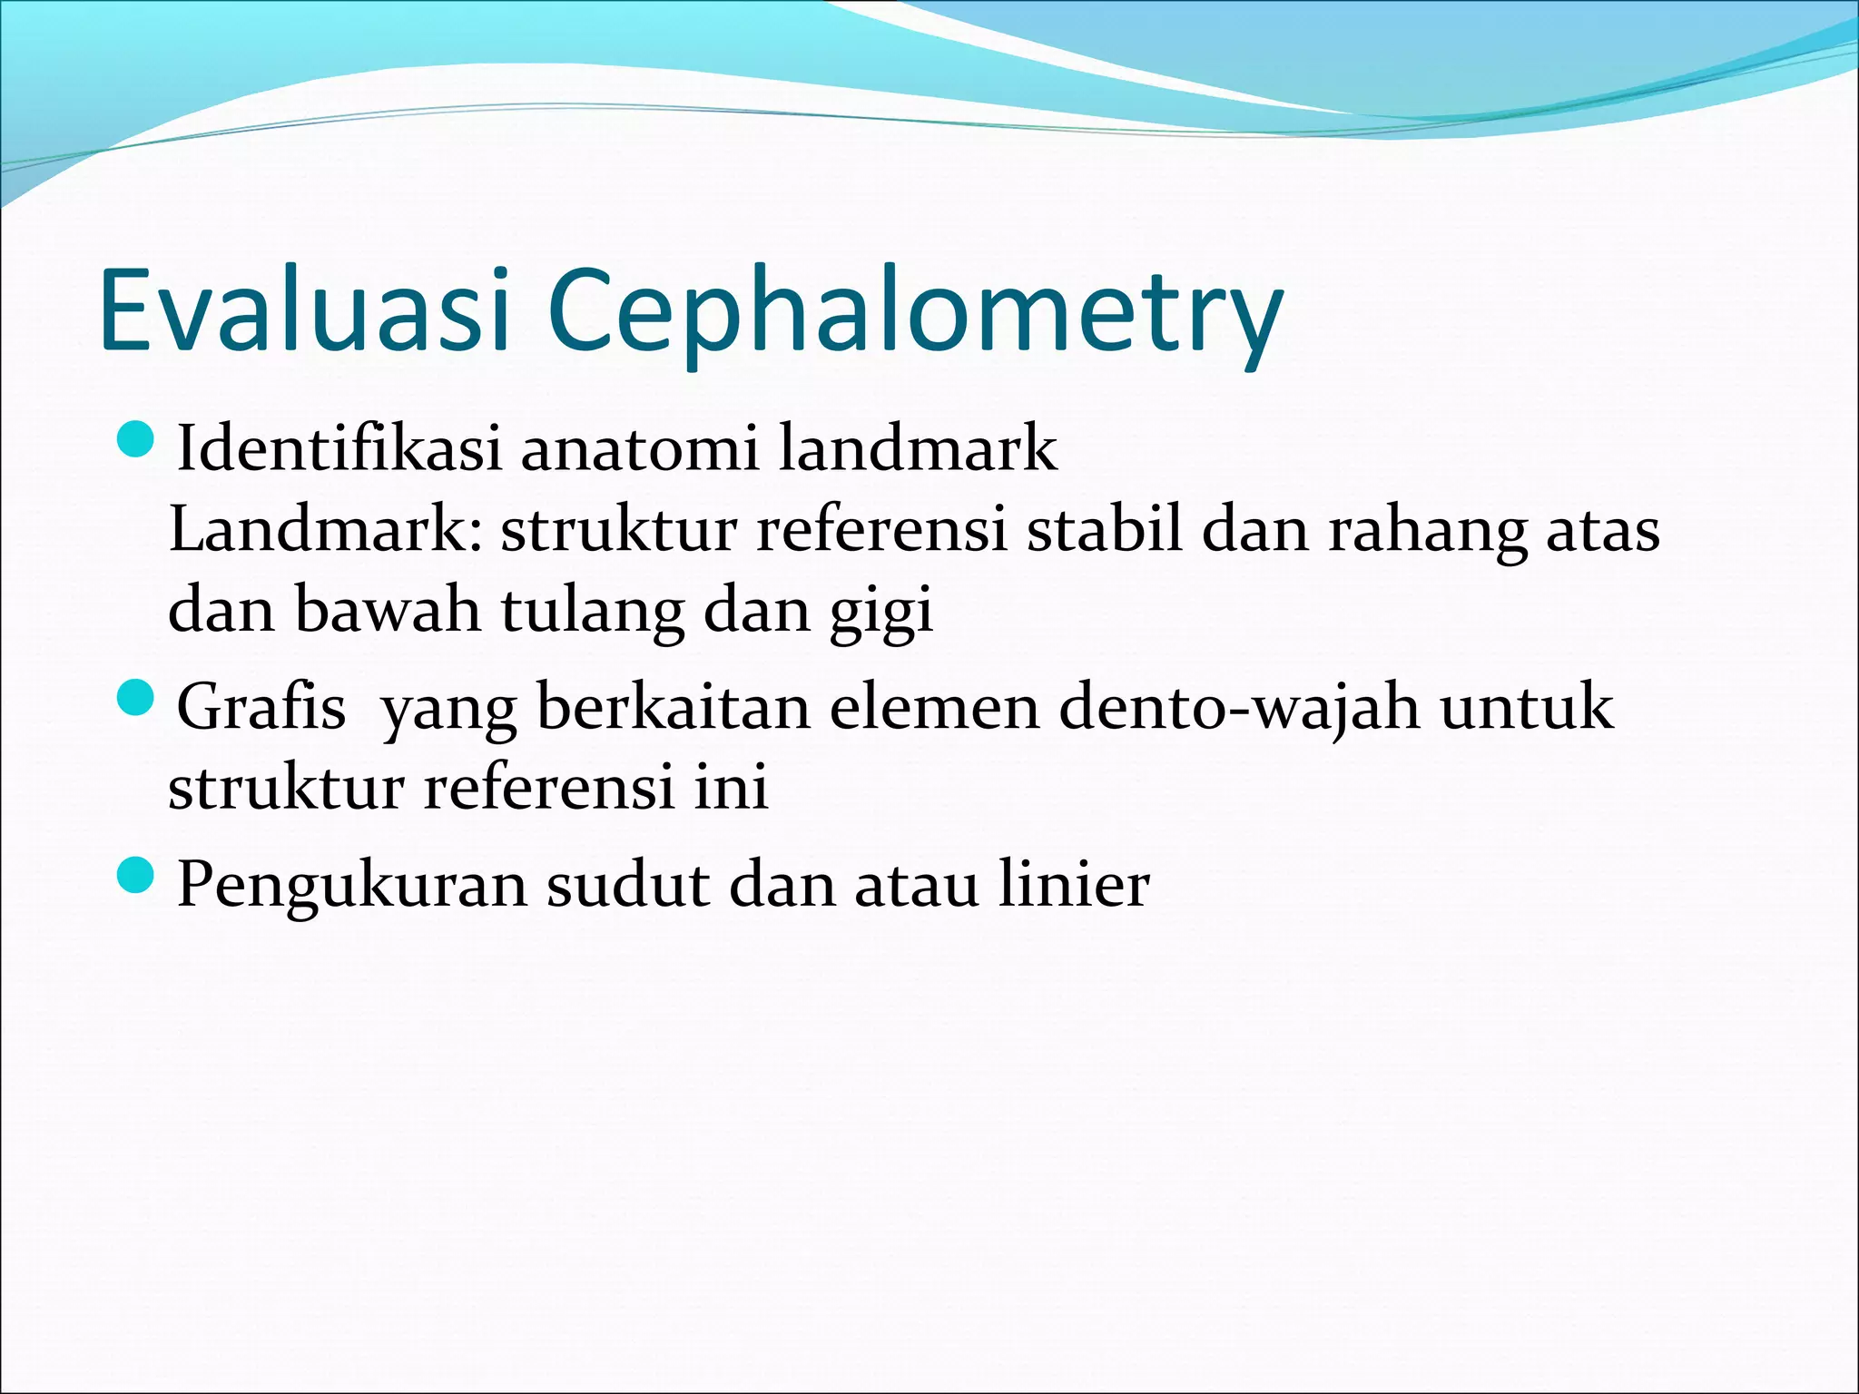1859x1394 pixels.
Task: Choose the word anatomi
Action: (639, 449)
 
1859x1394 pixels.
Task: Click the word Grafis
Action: (261, 707)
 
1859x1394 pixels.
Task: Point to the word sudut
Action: (627, 885)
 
